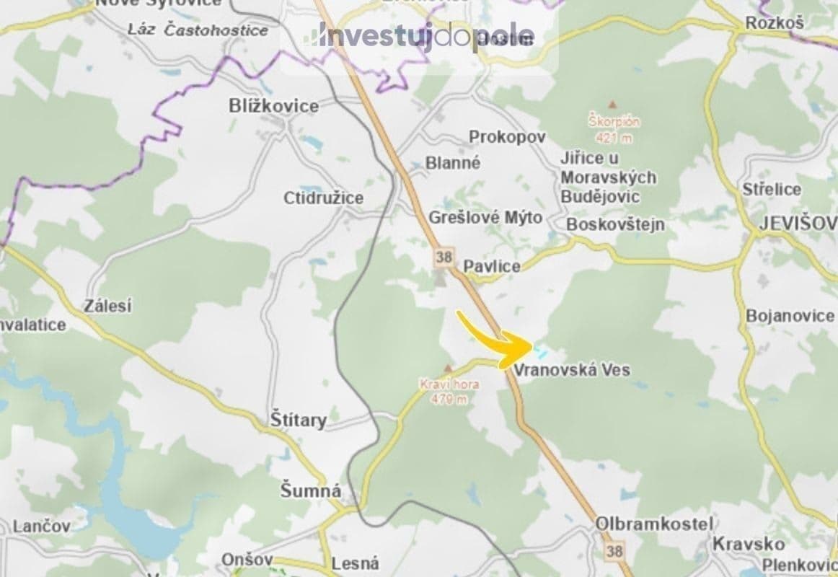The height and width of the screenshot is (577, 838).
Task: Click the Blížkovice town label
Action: [273, 106]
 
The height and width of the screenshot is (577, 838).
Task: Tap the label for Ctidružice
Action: [323, 198]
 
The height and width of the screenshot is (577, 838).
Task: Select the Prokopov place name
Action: [507, 136]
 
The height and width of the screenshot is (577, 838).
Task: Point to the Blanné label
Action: [452, 163]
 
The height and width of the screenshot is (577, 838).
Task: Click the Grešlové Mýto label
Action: [485, 217]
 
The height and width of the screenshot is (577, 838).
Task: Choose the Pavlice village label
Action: [491, 266]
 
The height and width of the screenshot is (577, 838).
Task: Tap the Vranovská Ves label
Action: [572, 370]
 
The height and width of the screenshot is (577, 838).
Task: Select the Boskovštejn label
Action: [615, 224]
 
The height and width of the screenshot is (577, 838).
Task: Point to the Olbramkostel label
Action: [654, 524]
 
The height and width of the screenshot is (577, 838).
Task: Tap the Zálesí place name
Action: [107, 306]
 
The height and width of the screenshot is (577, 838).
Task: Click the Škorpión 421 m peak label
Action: [614, 128]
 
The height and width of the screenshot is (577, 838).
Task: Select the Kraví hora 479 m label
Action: [449, 392]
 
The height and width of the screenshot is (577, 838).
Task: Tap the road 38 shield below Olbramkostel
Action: [614, 552]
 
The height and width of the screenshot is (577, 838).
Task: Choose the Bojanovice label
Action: [790, 316]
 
